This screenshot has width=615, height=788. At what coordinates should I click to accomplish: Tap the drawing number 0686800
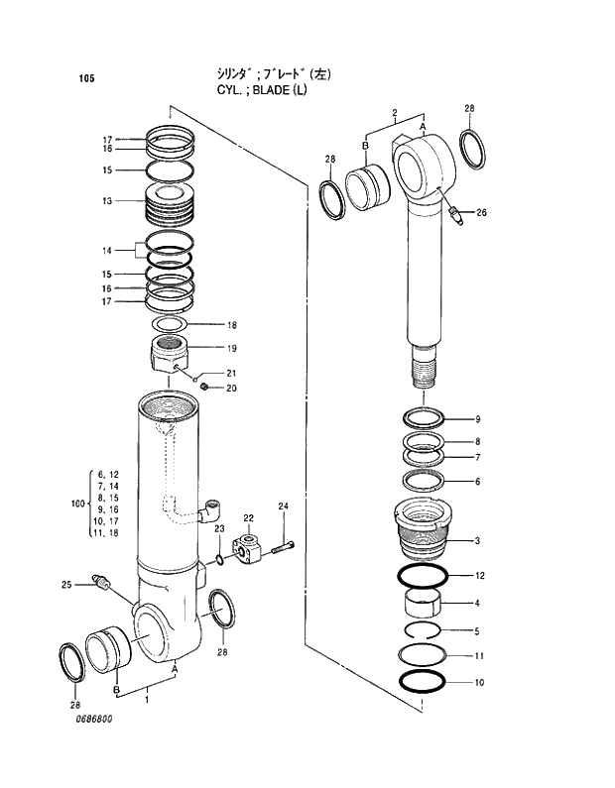[93, 746]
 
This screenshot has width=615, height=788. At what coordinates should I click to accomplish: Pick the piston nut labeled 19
[170, 354]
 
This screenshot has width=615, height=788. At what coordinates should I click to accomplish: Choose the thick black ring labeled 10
[423, 682]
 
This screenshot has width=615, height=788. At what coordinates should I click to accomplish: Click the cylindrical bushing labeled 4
[423, 602]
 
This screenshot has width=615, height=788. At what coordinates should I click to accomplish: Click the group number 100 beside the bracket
[78, 505]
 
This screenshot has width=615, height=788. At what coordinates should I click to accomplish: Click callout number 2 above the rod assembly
[394, 112]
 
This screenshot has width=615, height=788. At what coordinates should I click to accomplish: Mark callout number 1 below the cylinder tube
[147, 700]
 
